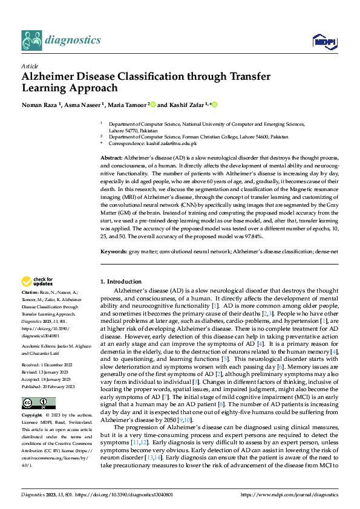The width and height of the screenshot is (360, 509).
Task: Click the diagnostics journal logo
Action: pos(61,40)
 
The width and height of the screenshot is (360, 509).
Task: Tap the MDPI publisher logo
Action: pos(324,41)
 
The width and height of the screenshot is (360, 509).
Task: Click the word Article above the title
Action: pos(29,66)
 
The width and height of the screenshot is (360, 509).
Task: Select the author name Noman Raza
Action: pos(40,105)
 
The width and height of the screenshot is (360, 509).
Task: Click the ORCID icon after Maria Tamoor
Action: pos(153,105)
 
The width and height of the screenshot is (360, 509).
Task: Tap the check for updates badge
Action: pos(37,281)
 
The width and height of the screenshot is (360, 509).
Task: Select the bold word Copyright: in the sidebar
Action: pos(33,399)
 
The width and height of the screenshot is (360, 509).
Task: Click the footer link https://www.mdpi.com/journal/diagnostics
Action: pos(289,494)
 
